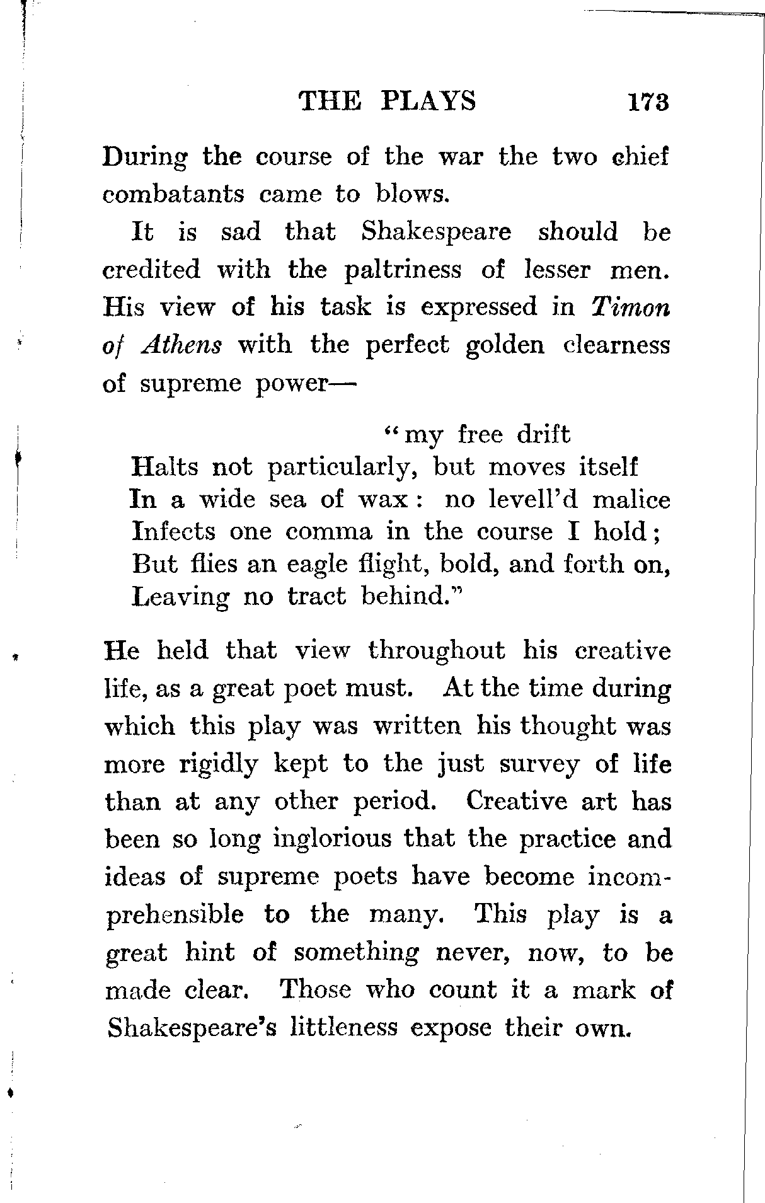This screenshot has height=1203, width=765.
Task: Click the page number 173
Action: (647, 102)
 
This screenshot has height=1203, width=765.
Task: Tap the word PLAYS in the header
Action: (429, 101)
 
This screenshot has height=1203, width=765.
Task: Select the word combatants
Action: (173, 193)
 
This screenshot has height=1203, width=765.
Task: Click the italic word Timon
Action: (631, 308)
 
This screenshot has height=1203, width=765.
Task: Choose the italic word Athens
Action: (182, 345)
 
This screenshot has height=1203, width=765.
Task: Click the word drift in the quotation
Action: (543, 435)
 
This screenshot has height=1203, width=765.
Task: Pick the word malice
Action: (631, 500)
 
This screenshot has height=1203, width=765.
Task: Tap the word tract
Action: (316, 596)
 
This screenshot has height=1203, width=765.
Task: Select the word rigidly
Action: (219, 764)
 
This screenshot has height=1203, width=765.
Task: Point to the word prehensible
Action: (174, 915)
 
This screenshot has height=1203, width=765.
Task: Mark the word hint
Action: (209, 953)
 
